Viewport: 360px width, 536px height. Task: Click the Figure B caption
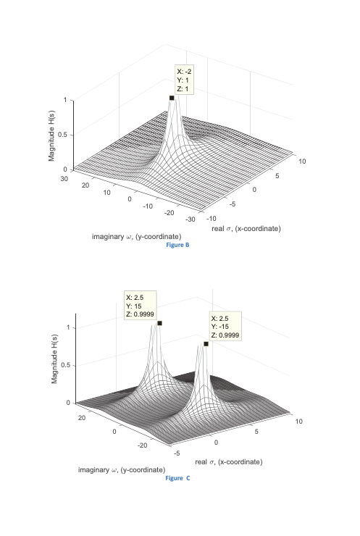coord(177,245)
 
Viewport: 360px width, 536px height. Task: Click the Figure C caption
coord(177,478)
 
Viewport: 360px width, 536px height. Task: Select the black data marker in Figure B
coord(172,98)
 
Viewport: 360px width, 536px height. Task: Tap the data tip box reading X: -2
coord(184,80)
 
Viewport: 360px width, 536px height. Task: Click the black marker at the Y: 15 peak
coord(159,323)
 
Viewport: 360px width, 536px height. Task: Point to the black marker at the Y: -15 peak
coord(206,343)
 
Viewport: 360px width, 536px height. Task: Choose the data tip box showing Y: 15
coord(141,305)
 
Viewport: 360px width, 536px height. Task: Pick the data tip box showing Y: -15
coord(225,326)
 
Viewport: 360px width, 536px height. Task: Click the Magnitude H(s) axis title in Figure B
coord(51,135)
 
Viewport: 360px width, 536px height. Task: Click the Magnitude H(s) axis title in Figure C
coord(54,359)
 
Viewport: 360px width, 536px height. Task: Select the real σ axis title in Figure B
coord(246,228)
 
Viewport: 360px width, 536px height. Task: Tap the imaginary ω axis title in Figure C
coord(122,469)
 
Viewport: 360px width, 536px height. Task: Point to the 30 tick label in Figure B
coord(64,178)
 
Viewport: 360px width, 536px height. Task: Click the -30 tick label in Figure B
coord(190,219)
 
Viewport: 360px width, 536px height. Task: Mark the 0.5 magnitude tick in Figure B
coord(62,135)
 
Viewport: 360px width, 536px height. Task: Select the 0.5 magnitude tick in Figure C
coord(66,365)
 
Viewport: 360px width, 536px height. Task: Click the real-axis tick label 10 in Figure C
coord(299,421)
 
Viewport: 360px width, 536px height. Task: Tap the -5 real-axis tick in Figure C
coord(177,453)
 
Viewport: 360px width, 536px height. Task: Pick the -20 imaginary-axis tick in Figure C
coord(142,445)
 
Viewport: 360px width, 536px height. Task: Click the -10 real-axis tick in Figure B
coord(212,219)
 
